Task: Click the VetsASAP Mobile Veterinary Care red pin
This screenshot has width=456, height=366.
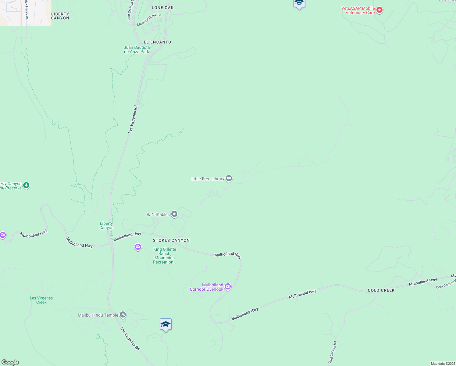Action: point(379,10)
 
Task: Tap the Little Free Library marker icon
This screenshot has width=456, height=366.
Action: point(229,178)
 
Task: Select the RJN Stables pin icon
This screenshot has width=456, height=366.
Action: point(174,214)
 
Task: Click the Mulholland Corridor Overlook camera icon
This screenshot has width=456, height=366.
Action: point(228,286)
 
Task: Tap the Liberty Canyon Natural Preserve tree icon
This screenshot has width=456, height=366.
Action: point(26,185)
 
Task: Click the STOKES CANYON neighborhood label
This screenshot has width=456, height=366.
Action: point(171,240)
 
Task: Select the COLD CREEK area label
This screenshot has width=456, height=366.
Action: point(381,290)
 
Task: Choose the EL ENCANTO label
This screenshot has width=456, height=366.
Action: point(158,42)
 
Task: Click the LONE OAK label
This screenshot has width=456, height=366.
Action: point(162,8)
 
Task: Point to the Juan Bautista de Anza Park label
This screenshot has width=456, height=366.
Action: point(137,49)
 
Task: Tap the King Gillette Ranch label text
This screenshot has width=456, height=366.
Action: point(165,256)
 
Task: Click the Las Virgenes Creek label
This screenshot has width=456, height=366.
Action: point(41,300)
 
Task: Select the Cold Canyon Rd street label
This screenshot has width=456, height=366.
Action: point(332,352)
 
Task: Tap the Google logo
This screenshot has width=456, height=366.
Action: point(10,362)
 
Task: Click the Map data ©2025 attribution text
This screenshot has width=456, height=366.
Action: point(443,364)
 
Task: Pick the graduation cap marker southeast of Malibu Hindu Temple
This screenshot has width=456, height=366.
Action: point(166,324)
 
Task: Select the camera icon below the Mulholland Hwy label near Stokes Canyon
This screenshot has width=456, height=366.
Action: point(138,247)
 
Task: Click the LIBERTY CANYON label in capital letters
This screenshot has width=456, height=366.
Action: point(60,16)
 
